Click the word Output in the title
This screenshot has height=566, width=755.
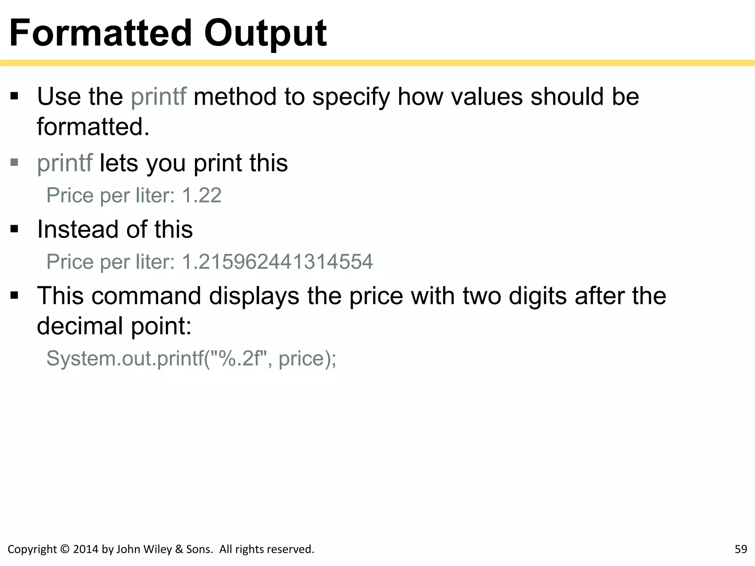click(265, 34)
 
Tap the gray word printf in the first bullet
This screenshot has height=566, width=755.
click(159, 97)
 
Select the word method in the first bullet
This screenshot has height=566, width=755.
click(235, 97)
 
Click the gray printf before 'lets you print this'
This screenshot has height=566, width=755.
click(65, 163)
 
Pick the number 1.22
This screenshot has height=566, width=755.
click(202, 195)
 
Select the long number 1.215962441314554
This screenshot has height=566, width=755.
click(277, 262)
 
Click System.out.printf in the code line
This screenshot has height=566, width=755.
click(125, 358)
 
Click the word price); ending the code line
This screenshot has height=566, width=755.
click(307, 358)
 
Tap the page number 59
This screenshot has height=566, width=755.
click(741, 549)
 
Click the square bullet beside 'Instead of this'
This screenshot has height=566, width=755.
click(14, 229)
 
